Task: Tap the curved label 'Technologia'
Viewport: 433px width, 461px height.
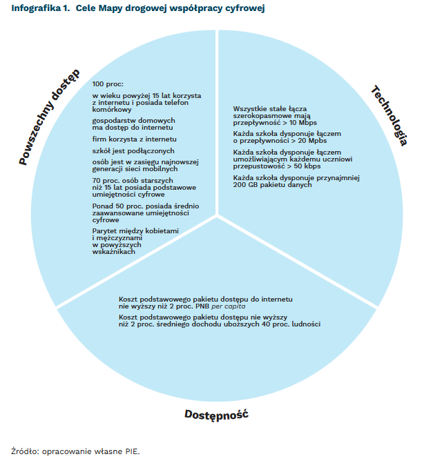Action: (x=389, y=115)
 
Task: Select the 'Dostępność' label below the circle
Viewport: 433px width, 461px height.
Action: (x=216, y=415)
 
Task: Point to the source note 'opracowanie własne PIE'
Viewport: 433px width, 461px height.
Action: (x=90, y=451)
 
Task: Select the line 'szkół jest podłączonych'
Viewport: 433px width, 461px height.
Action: (x=124, y=150)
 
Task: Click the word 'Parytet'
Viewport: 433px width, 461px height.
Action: (x=104, y=230)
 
